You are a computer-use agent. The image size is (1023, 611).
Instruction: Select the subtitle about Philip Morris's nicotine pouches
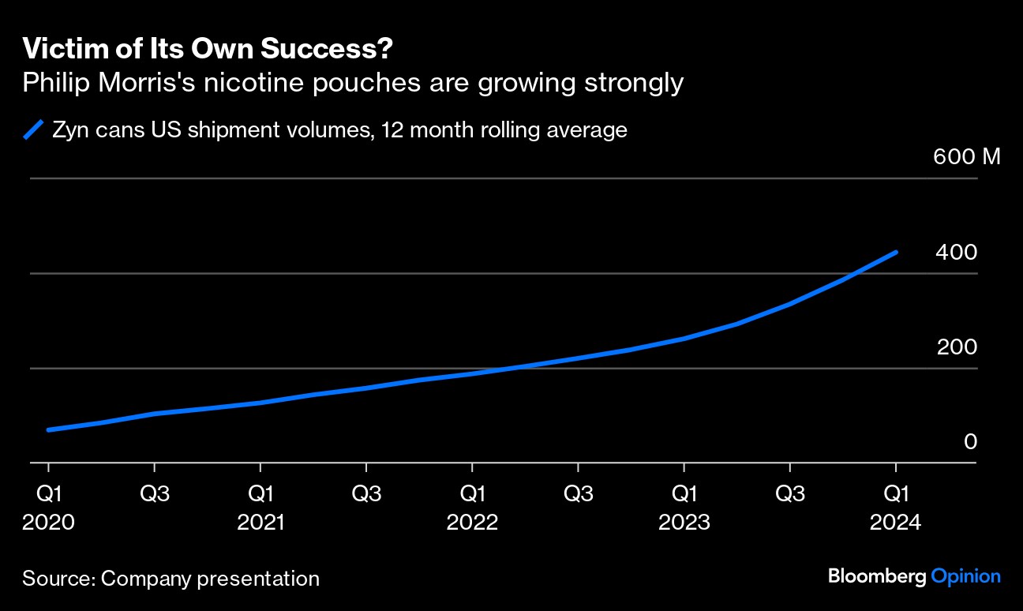(x=352, y=83)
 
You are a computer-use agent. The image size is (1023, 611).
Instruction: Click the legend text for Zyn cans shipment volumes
(x=339, y=129)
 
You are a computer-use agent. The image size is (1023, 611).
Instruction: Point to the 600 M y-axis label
(x=966, y=156)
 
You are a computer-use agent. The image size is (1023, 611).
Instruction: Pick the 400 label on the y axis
(x=956, y=253)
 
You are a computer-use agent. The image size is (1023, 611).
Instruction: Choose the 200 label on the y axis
(x=957, y=347)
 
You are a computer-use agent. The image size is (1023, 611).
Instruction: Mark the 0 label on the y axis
(x=970, y=442)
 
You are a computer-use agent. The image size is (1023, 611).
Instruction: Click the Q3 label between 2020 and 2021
(x=155, y=494)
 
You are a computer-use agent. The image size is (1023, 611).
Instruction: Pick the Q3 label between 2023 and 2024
(x=789, y=494)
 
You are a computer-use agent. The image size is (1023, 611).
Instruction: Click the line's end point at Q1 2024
(x=895, y=253)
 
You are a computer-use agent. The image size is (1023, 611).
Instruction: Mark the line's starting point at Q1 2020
(x=49, y=429)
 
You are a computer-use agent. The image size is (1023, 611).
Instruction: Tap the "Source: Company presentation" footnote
(x=170, y=579)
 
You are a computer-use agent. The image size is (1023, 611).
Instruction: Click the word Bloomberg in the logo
(x=876, y=576)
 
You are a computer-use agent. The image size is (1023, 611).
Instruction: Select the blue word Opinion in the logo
(x=965, y=576)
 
